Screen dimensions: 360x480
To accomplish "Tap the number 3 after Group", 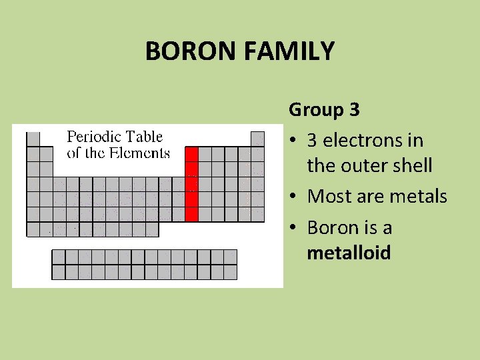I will point(354,109).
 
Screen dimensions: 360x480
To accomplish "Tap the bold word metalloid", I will point(349,253).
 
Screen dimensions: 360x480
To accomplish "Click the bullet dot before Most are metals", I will point(293,197).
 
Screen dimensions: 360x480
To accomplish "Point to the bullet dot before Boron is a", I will point(293,229).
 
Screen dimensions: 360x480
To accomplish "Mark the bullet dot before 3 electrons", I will point(293,141).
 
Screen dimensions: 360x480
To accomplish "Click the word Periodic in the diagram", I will point(93,137).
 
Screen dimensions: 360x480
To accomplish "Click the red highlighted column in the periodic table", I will point(191,184).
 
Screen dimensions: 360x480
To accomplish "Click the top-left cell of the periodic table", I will point(33,139).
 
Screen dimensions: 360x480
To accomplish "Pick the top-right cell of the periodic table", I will point(257,139).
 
